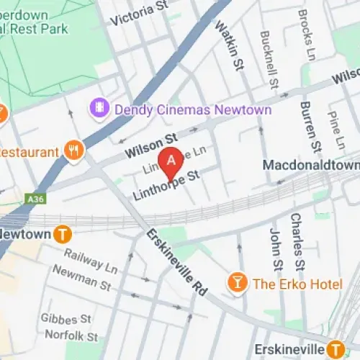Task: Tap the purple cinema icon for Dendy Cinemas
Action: [x=97, y=109]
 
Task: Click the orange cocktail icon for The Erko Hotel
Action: [x=236, y=283]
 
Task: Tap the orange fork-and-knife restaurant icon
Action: [x=73, y=151]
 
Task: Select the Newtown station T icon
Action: [x=64, y=234]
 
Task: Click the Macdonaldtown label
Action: [x=310, y=165]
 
